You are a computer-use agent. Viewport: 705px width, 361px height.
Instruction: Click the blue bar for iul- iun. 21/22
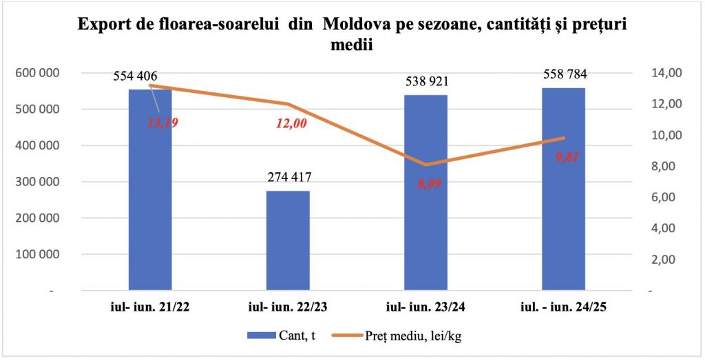150,200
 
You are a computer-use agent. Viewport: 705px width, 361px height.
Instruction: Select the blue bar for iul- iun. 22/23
288,241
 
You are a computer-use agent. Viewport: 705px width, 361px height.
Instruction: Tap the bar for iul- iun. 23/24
425,200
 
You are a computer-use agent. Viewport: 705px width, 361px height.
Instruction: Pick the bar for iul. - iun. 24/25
563,193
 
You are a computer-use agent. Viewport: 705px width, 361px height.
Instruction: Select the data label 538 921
426,83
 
